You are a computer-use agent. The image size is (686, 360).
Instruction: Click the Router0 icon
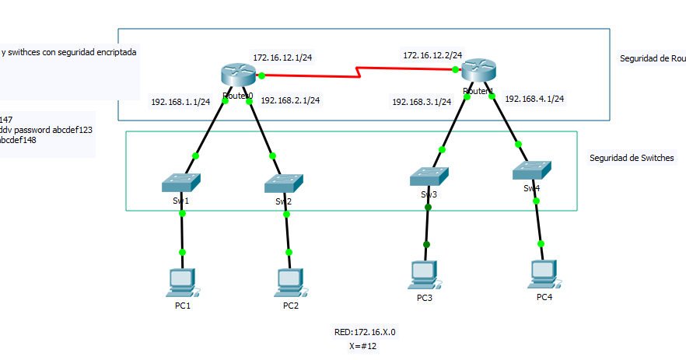click(237, 75)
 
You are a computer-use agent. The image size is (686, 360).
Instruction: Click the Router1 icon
click(478, 70)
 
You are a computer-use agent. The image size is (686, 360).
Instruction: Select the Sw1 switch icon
click(181, 183)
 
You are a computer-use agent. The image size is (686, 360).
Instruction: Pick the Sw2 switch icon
click(284, 183)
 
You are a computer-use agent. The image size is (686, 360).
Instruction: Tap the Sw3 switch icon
click(429, 177)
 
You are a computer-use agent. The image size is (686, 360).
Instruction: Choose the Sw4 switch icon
click(532, 171)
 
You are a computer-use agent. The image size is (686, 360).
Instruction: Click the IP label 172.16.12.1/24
click(282, 58)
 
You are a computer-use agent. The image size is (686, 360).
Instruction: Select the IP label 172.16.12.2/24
click(432, 55)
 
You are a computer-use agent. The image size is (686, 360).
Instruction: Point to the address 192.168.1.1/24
click(180, 102)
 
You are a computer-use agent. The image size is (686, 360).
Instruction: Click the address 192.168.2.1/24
click(290, 100)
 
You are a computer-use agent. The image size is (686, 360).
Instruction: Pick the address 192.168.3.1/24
click(422, 102)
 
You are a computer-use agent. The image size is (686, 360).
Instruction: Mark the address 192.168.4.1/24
click(534, 99)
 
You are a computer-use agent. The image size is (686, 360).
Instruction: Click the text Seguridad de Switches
click(632, 158)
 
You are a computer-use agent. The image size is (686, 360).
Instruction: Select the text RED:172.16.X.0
click(365, 332)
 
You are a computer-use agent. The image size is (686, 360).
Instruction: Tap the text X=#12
click(363, 346)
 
